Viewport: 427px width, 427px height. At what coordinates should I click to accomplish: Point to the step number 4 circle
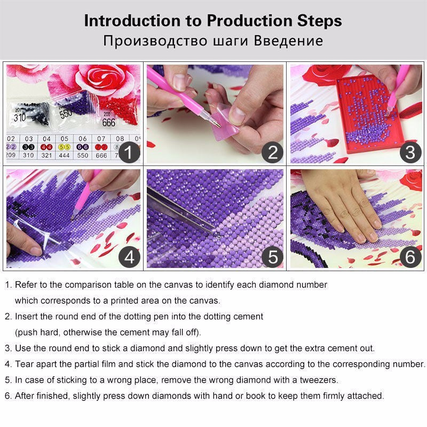click(128, 257)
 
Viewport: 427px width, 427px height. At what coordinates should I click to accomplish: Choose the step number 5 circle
click(273, 257)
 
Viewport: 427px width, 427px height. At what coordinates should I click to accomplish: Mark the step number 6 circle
click(410, 257)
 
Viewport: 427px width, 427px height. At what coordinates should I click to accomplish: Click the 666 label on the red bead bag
click(108, 122)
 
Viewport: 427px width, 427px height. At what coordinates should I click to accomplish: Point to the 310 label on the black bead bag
click(20, 117)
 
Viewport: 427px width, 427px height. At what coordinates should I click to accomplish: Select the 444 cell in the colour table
click(64, 156)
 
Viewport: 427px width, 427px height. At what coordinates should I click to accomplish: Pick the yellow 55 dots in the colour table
click(64, 146)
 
